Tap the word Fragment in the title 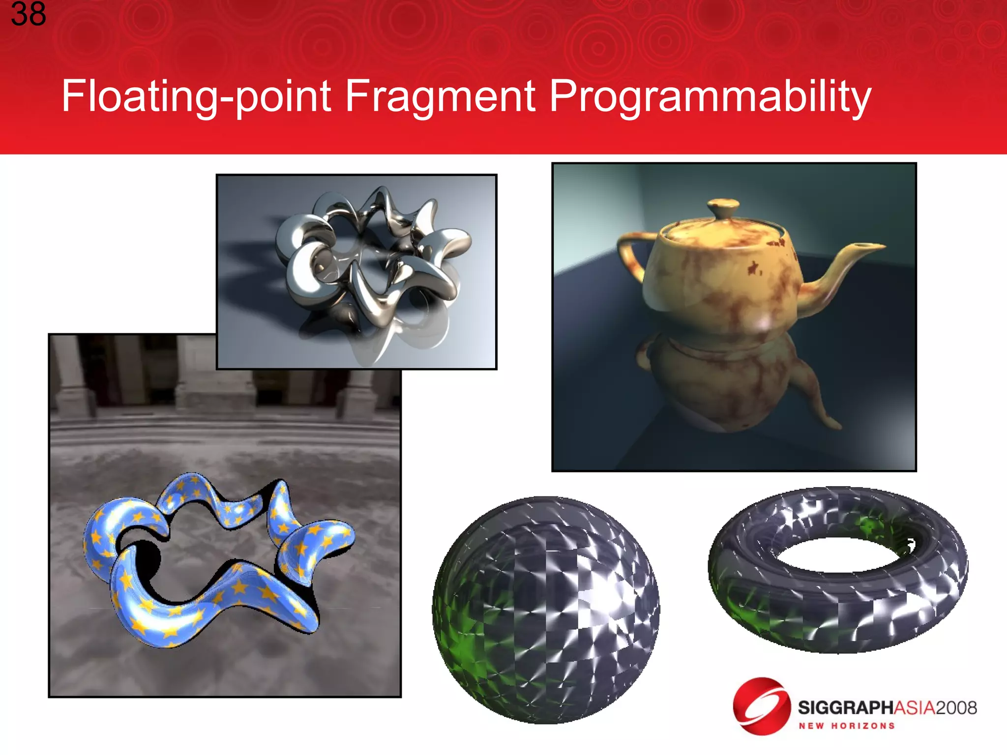(440, 96)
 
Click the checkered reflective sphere (546, 610)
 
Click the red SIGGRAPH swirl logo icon (761, 706)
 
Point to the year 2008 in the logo (956, 708)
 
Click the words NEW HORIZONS (846, 726)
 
